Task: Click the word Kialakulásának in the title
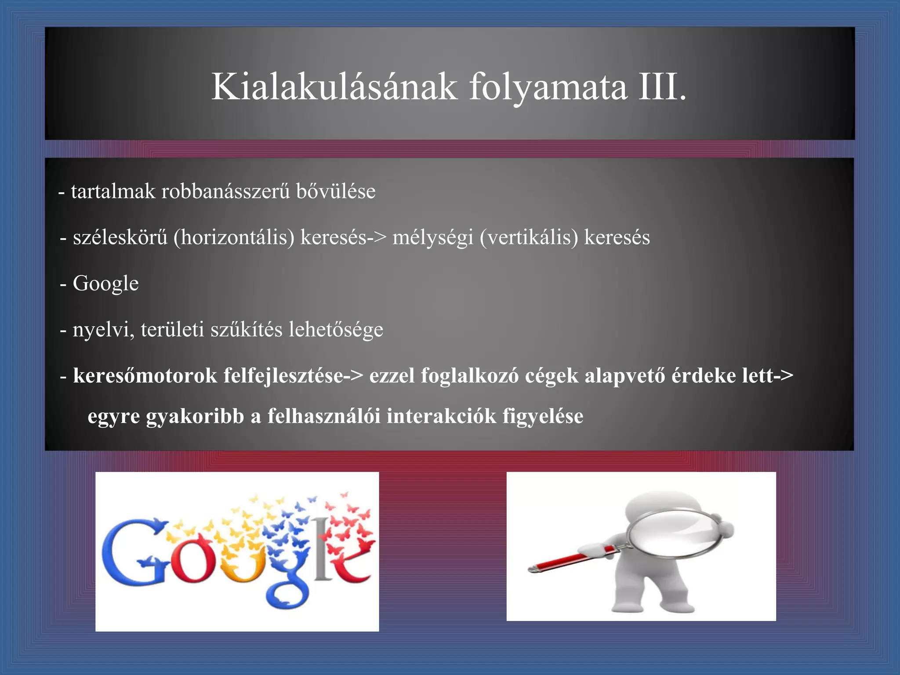(334, 87)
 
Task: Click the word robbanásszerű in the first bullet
(225, 192)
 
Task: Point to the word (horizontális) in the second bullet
(234, 238)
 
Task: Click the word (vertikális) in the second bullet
(529, 238)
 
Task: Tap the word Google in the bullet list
(105, 283)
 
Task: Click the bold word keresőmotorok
(145, 376)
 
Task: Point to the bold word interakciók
(441, 416)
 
